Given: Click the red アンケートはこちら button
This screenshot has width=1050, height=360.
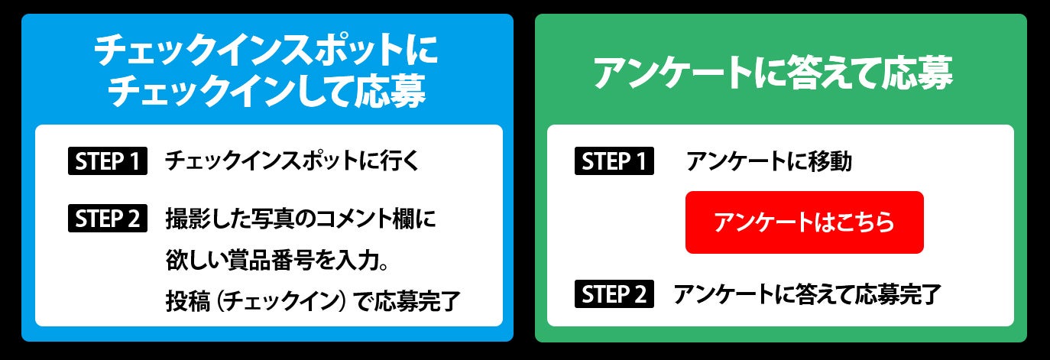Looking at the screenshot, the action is [x=804, y=222].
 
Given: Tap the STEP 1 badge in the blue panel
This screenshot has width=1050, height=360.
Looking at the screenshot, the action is [x=107, y=162].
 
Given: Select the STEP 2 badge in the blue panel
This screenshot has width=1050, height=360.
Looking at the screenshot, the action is [x=107, y=219].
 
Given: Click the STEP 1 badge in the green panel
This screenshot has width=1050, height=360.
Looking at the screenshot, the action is [x=614, y=162].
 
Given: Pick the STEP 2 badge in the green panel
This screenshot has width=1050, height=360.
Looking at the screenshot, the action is [x=614, y=294].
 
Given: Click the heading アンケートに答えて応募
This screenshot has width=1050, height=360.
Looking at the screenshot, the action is [x=773, y=73].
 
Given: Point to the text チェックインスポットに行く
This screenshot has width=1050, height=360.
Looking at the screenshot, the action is [x=293, y=162].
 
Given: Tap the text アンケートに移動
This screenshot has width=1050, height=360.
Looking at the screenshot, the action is [x=768, y=162].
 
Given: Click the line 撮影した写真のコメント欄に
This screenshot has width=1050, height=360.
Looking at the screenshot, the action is [x=301, y=219].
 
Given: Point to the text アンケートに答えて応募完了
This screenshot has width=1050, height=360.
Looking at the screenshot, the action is [x=807, y=294].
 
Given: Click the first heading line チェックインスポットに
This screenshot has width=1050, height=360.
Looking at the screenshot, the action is [x=267, y=54].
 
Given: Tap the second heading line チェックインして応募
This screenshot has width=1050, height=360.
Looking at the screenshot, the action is [x=267, y=93].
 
